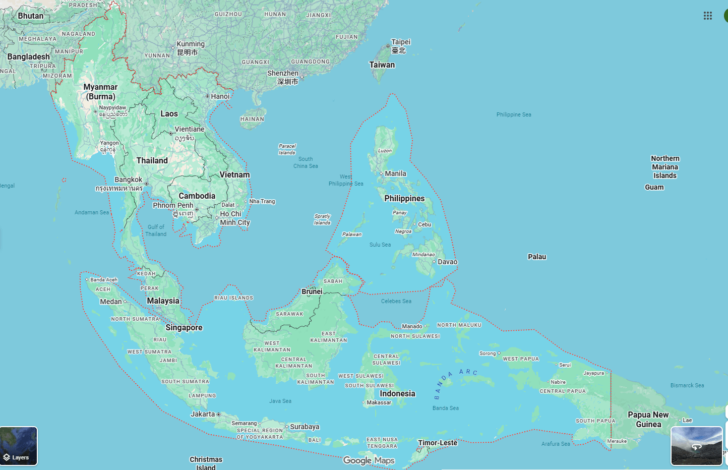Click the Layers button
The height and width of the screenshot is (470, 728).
[x=19, y=446]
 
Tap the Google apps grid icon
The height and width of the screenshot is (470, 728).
[x=707, y=16]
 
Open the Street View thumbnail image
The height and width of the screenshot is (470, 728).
[x=696, y=446]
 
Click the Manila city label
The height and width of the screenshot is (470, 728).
[x=395, y=173]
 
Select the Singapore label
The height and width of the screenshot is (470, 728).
[x=184, y=328]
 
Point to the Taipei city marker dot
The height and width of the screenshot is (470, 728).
[x=388, y=46]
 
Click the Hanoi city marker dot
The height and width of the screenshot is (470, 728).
[x=207, y=96]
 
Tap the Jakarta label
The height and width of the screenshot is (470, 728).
[x=203, y=414]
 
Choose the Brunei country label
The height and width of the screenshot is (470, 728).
[x=312, y=291]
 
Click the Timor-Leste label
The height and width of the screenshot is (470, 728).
[x=438, y=443]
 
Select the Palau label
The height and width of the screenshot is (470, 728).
[x=537, y=257]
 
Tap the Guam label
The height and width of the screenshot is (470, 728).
[x=654, y=187]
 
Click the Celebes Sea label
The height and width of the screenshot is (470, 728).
[x=396, y=301]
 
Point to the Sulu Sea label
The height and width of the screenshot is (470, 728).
[x=380, y=245]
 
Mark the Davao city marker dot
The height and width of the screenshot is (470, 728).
[x=434, y=262]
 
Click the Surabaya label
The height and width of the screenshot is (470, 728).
[x=305, y=427]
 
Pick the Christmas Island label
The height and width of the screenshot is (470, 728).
[x=206, y=463]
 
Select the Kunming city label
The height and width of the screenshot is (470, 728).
[x=191, y=44]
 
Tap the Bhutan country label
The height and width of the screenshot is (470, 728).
[x=31, y=16]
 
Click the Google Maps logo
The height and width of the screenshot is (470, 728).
[x=369, y=460]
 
